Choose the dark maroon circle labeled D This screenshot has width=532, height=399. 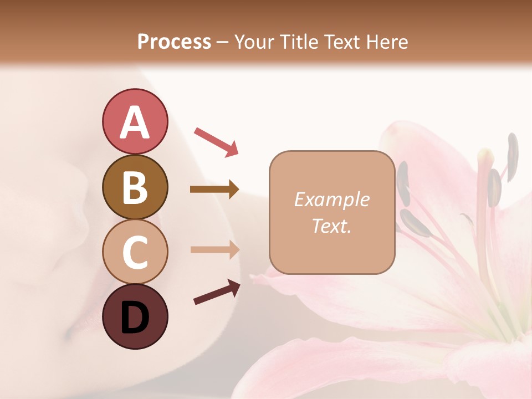(135, 316)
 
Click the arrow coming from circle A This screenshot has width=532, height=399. (216, 141)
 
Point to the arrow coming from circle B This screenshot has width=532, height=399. (214, 190)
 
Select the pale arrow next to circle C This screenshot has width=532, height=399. (214, 249)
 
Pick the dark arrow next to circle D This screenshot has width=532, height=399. (217, 292)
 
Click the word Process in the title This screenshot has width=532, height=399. (174, 42)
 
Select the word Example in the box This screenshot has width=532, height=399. (331, 199)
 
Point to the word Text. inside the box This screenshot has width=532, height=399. (331, 226)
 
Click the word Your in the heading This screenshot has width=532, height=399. (252, 42)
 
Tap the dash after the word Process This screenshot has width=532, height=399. (223, 42)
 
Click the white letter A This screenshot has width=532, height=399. (135, 122)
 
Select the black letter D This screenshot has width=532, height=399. (135, 319)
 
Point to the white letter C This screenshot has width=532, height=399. (135, 253)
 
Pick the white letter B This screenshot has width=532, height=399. (135, 187)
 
